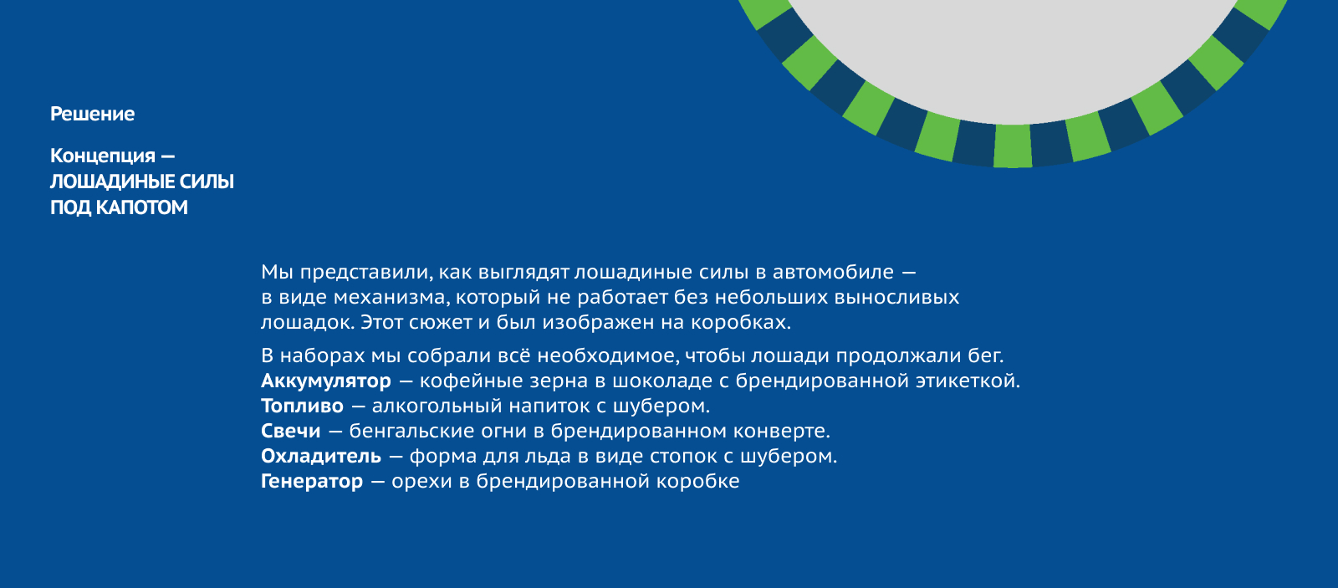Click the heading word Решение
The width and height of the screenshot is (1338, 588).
click(92, 114)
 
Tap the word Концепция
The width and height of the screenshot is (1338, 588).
click(103, 156)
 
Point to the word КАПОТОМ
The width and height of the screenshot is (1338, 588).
click(141, 207)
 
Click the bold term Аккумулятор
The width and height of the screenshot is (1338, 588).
click(325, 381)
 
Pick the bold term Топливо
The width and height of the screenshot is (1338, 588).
click(302, 406)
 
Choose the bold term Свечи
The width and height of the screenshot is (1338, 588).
click(290, 432)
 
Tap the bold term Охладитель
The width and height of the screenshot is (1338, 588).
click(320, 457)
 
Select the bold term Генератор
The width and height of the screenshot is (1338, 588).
click(311, 482)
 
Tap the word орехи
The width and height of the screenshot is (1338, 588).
click(421, 482)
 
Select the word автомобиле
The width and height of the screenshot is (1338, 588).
click(833, 273)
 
